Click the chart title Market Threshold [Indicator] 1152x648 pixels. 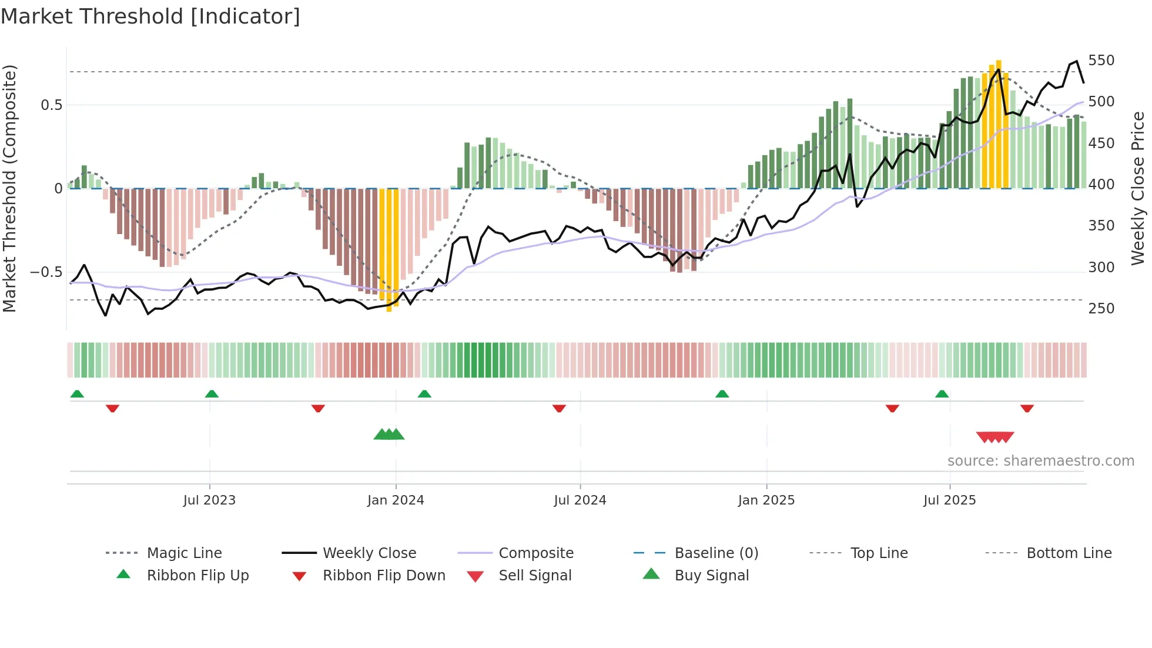150,16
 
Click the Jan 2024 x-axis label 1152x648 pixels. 396,500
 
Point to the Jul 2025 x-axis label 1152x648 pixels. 949,500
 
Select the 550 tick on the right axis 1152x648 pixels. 1101,61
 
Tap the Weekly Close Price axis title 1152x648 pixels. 1138,188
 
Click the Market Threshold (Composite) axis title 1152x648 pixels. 10,188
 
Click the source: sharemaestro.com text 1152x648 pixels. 1040,461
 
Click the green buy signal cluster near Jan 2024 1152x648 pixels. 389,435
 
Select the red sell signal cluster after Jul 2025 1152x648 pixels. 995,437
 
